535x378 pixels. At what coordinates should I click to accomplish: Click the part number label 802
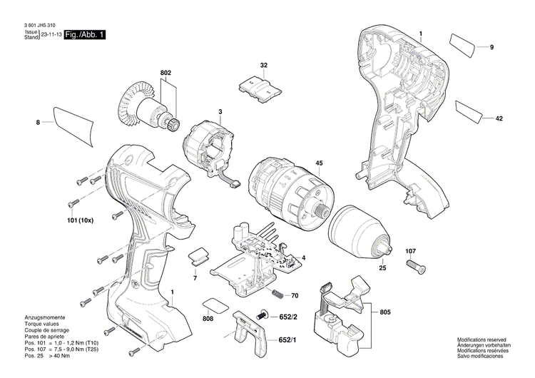pos(165,72)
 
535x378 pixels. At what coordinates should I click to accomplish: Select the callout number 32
pos(264,65)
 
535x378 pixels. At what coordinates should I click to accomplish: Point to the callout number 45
pos(320,163)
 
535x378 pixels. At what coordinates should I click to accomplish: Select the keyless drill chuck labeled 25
pos(362,226)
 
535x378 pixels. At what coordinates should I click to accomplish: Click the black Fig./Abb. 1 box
pos(84,35)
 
